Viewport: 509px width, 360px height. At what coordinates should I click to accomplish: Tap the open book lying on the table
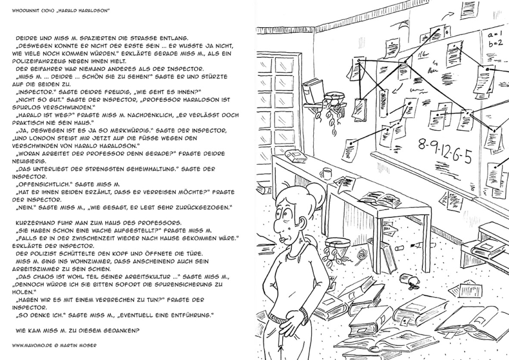[379, 199]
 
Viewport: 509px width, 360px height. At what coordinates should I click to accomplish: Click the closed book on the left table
[296, 155]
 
